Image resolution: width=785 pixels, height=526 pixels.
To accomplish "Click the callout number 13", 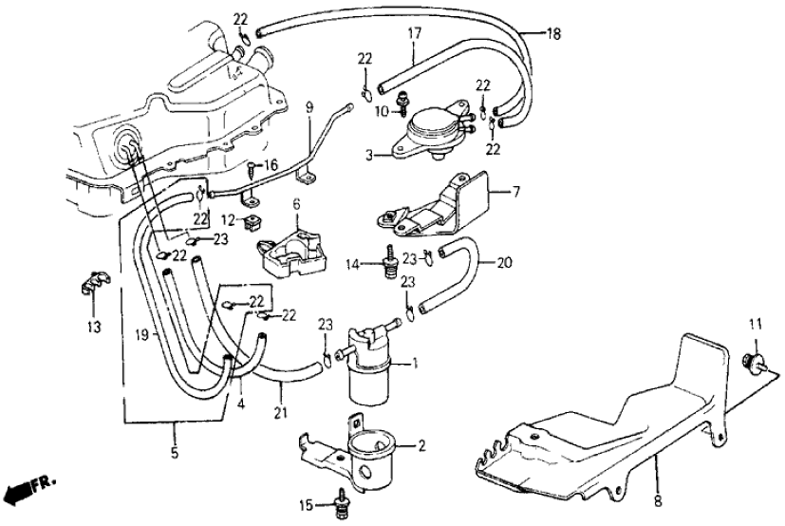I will tap(91, 328).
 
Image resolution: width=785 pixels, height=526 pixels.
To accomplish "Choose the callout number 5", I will tap(174, 453).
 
